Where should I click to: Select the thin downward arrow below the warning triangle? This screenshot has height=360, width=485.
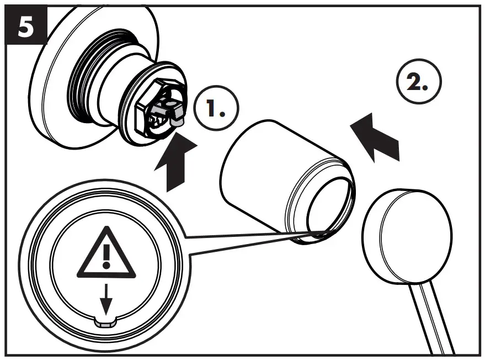(x=106, y=298)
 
